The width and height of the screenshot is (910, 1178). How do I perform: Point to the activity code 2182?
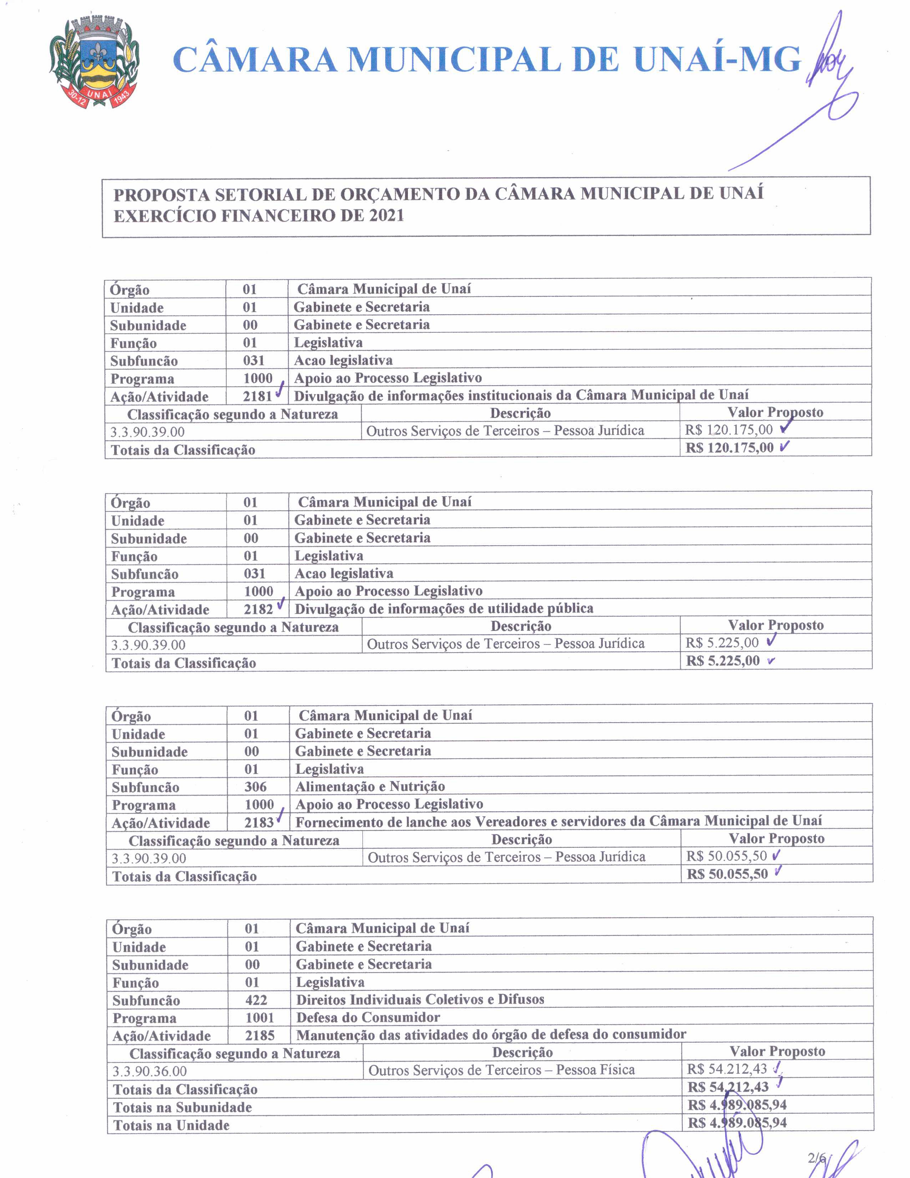(258, 609)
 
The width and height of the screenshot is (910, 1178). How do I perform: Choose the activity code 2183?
(259, 822)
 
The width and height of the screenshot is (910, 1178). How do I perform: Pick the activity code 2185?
(259, 1035)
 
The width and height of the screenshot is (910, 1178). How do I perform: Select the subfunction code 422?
(256, 1000)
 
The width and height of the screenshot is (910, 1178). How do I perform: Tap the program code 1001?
(259, 1017)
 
